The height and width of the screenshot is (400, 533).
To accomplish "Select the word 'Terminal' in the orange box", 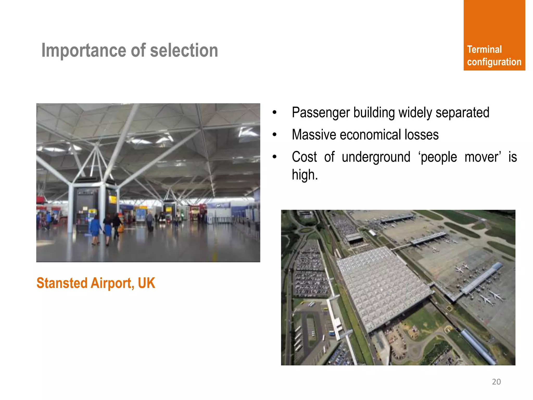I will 484,49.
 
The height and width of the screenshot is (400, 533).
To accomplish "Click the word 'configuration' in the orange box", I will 494,62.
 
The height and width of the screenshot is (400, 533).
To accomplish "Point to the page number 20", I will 496,382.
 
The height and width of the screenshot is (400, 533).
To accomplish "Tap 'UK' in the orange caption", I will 147,283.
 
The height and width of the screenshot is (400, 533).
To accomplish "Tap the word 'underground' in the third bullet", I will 376,157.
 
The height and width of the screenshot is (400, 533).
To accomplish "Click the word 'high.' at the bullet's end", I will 305,175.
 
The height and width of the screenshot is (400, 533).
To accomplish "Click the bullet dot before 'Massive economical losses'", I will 275,135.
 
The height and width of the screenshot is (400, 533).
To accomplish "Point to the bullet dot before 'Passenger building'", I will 275,113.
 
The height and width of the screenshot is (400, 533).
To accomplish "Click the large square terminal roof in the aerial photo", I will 383,286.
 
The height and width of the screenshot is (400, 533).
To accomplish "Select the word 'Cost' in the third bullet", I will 304,157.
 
